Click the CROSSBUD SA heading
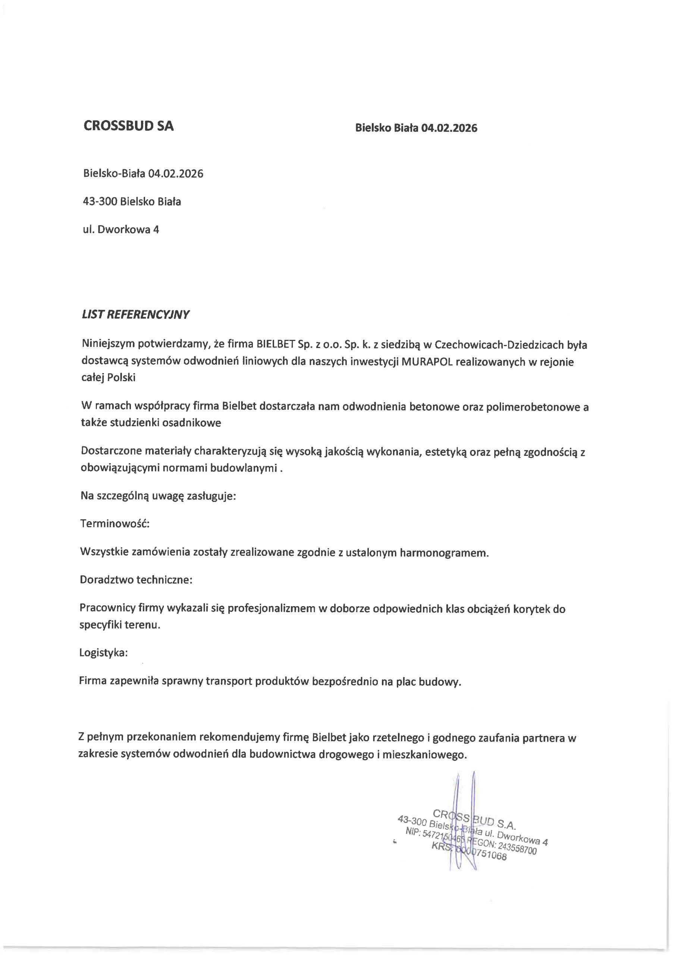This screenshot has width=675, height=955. coord(129,126)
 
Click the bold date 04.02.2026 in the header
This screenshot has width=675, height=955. coord(449,128)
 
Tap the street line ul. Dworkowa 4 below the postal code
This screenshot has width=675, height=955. coord(121,229)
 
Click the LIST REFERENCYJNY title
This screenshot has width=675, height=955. coord(136,315)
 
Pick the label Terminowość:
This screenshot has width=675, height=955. coord(114,523)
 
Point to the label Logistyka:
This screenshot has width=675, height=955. coord(103,652)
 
